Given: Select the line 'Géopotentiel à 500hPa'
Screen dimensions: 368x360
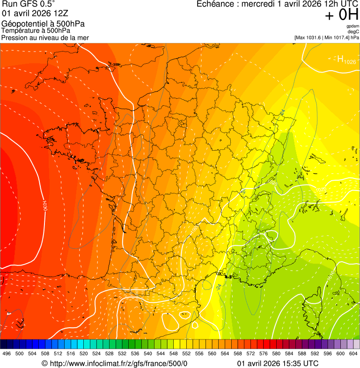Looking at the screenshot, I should point(43,24).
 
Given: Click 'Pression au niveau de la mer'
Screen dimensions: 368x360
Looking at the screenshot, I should point(45,37).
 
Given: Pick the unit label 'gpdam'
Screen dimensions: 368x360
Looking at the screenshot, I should point(353,26).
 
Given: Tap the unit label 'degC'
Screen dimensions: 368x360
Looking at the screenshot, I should point(353,31).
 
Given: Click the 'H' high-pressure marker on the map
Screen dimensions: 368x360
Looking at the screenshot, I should point(340,59).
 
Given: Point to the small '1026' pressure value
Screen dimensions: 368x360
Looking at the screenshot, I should point(349,62).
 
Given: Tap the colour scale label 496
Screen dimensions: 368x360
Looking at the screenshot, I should point(7,353).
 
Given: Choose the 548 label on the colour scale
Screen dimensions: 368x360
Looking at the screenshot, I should point(174,353).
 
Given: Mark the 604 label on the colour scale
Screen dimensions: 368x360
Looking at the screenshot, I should point(353,353).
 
